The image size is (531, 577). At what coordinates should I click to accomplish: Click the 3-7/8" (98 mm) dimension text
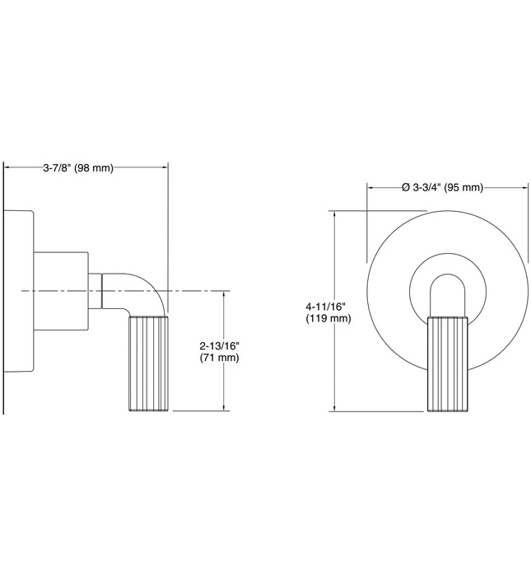coord(77,168)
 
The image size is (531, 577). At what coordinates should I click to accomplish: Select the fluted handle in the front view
coord(446,363)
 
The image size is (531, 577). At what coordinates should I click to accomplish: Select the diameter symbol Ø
coord(406,187)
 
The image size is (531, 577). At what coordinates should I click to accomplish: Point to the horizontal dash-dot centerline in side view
coord(198,291)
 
